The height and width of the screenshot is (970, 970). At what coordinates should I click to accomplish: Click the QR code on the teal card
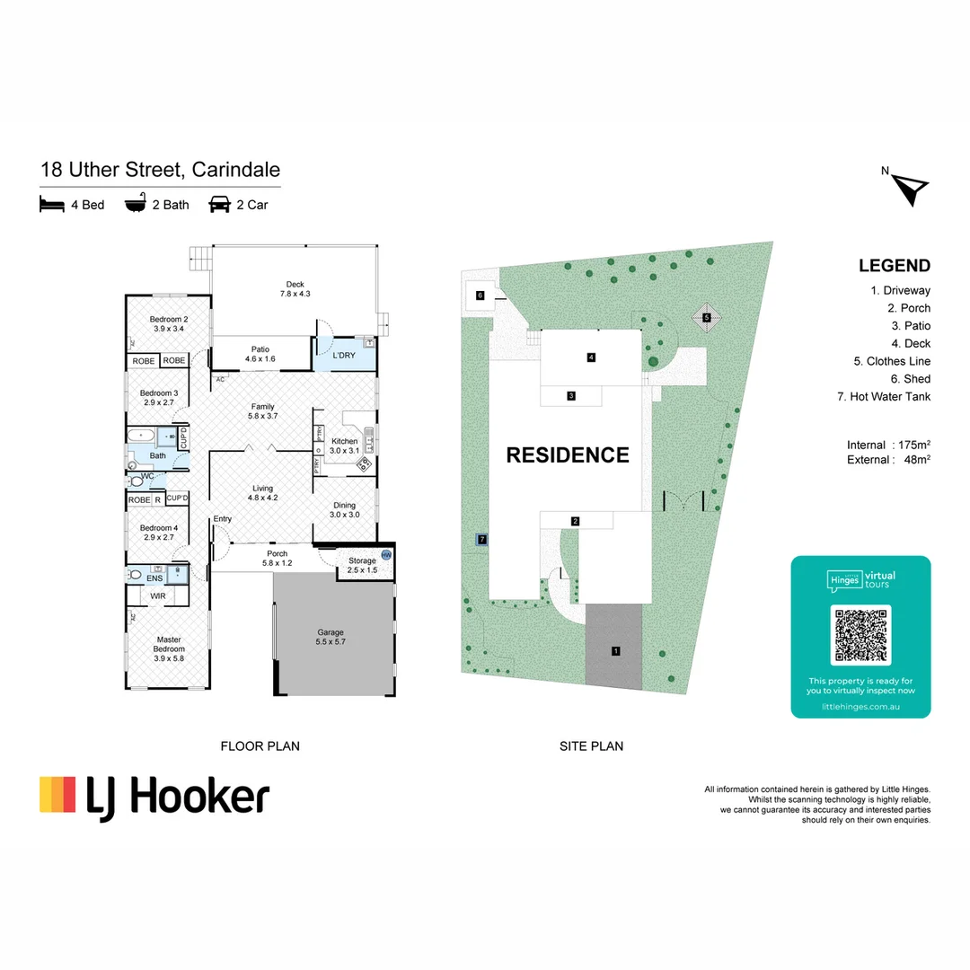pyautogui.click(x=860, y=635)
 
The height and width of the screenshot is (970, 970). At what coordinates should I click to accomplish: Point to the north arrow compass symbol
pyautogui.click(x=912, y=188)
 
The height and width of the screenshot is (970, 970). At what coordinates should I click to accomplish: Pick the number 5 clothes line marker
pyautogui.click(x=707, y=317)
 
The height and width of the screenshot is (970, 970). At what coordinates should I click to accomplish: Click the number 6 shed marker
pyautogui.click(x=481, y=295)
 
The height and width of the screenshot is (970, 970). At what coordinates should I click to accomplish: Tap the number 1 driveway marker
pyautogui.click(x=616, y=650)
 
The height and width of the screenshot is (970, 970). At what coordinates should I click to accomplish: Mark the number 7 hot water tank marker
pyautogui.click(x=482, y=539)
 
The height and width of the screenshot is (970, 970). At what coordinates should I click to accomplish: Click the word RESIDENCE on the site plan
pyautogui.click(x=568, y=455)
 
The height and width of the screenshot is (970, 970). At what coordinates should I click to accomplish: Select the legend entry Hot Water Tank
pyautogui.click(x=890, y=396)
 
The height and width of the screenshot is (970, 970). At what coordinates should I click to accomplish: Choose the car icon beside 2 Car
pyautogui.click(x=218, y=205)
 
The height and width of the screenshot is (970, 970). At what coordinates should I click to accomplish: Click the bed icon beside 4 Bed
pyautogui.click(x=52, y=205)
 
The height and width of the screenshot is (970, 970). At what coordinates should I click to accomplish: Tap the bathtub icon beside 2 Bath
pyautogui.click(x=136, y=205)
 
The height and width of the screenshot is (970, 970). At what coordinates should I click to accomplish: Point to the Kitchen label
pyautogui.click(x=344, y=445)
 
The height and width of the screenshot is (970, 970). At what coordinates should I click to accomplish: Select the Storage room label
pyautogui.click(x=362, y=566)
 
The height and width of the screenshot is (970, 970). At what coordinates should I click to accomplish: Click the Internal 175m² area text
pyautogui.click(x=888, y=445)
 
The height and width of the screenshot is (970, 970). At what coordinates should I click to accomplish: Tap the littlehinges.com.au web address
pyautogui.click(x=860, y=707)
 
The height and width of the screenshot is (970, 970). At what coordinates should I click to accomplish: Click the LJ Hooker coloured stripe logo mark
pyautogui.click(x=57, y=795)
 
